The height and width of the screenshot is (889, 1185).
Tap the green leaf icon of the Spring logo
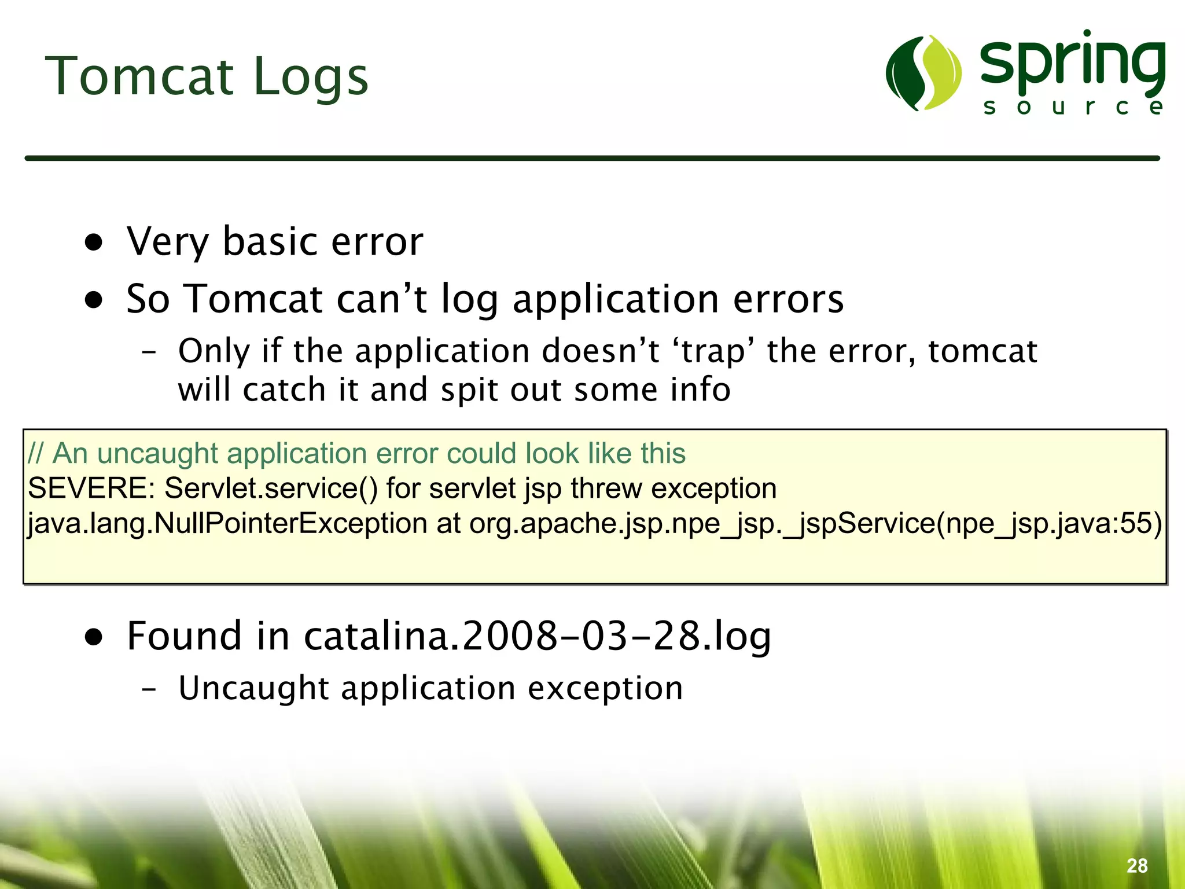[x=923, y=73]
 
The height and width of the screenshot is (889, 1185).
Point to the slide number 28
[x=1137, y=866]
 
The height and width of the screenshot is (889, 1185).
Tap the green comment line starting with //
[x=356, y=453]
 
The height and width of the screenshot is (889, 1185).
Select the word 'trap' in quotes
[x=713, y=351]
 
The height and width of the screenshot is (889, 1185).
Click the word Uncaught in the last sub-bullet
[x=254, y=688]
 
